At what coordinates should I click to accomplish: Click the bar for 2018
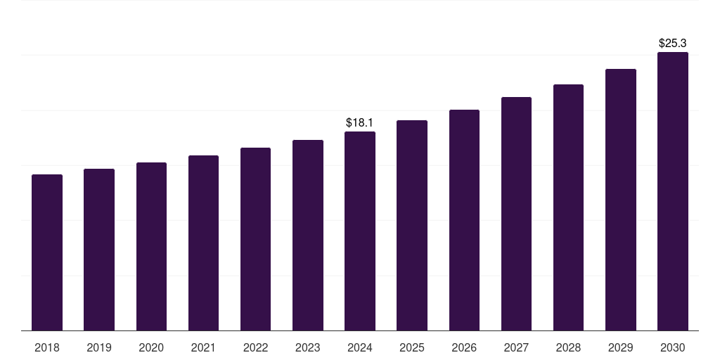[47, 252]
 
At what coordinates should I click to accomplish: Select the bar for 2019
[99, 250]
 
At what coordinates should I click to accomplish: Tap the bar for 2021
[203, 243]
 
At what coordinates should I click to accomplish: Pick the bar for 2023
[308, 235]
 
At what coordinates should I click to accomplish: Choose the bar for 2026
[464, 220]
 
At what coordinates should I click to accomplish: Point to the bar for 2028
[568, 207]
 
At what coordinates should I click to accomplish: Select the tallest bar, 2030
[673, 191]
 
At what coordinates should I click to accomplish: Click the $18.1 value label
[360, 123]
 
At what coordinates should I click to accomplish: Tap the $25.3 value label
[673, 44]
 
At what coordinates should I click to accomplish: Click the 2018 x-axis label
[47, 347]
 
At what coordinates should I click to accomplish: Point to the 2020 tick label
[151, 347]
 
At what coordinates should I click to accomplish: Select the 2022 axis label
[255, 347]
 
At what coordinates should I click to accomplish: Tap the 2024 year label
[360, 347]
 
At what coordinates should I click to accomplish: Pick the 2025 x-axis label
[412, 347]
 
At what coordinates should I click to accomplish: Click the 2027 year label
[516, 347]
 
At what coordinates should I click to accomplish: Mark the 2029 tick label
[621, 347]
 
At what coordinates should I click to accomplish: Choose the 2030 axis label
[673, 347]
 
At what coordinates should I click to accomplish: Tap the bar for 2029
[621, 200]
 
